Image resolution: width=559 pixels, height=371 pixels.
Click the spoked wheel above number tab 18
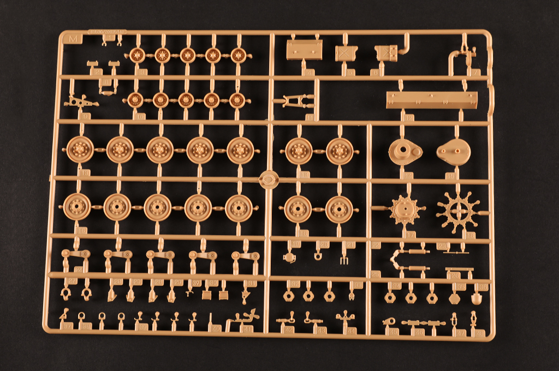pyautogui.click(x=459, y=211)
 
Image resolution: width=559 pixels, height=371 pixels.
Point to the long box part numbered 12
pyautogui.click(x=431, y=100)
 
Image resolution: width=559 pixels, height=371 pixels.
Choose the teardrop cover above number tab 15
pyautogui.click(x=453, y=153)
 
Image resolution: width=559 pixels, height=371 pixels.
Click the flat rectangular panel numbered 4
pyautogui.click(x=304, y=51)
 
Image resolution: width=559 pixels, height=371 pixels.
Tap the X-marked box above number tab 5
pyautogui.click(x=345, y=53)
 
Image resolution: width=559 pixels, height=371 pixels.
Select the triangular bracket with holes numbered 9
pyautogui.click(x=80, y=101)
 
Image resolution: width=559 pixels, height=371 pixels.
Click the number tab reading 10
pyautogui.click(x=140, y=116)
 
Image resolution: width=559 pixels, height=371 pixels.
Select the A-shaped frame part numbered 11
pyautogui.click(x=296, y=101)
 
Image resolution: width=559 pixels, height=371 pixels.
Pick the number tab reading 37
pyautogui.click(x=67, y=326)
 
